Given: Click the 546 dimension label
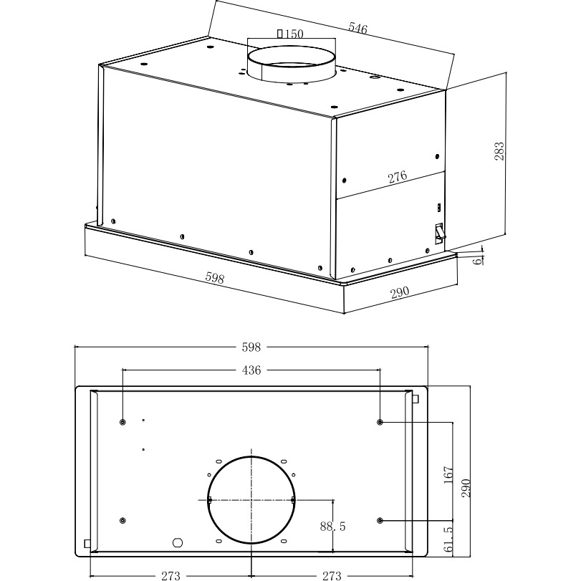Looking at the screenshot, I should (357, 28).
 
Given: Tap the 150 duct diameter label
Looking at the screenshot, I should (289, 34).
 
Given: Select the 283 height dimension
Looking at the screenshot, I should (499, 150).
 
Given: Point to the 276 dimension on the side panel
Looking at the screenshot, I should (398, 177).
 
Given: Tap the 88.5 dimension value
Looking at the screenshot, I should (333, 527).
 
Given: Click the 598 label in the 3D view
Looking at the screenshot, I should (214, 277).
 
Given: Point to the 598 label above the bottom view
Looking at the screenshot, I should (251, 347).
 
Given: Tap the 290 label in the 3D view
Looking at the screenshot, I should (399, 292).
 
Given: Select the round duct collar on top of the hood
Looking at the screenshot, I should (291, 64).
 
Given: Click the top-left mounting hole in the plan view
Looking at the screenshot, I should (123, 422).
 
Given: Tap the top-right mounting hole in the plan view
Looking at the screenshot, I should (380, 422).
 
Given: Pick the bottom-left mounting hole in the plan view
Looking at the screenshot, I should (123, 519).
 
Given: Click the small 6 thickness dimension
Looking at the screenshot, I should (476, 259).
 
